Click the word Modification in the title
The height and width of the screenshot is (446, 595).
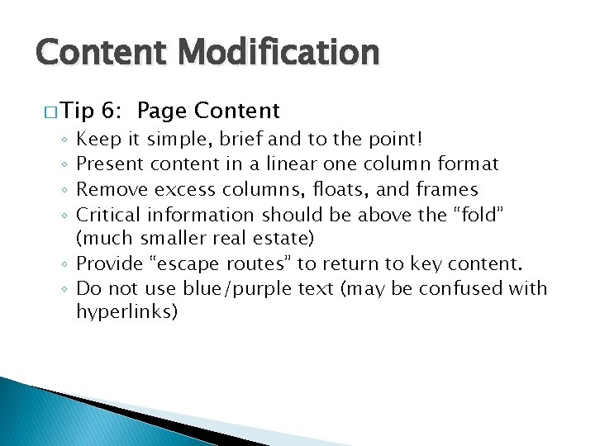click(279, 53)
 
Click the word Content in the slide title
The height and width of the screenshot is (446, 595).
click(101, 53)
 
